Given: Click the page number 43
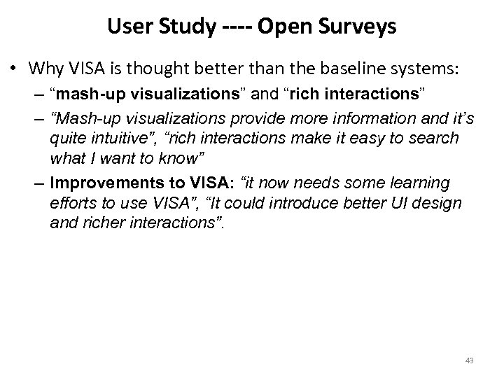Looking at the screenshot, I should pyautogui.click(x=469, y=360).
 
